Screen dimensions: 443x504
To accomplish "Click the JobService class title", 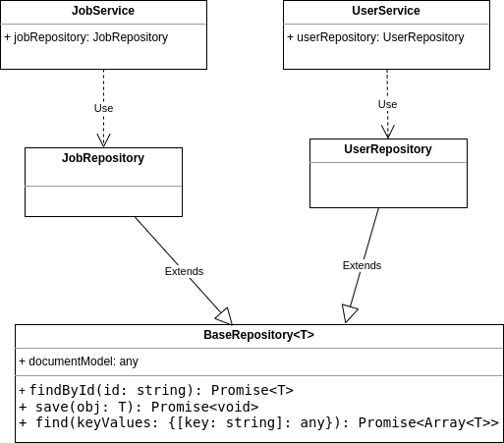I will click(103, 11).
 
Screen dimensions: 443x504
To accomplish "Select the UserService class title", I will click(386, 11).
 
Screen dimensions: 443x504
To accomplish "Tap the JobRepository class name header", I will click(103, 158).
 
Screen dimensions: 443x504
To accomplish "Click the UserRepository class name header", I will click(388, 149).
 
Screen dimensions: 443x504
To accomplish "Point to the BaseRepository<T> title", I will click(258, 335).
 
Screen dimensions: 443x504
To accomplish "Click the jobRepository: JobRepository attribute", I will click(86, 37).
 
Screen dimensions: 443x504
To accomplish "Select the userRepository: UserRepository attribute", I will click(375, 37).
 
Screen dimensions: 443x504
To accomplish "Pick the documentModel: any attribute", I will click(79, 361).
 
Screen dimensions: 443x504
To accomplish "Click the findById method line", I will click(156, 390).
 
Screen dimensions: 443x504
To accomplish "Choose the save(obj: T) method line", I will click(139, 406).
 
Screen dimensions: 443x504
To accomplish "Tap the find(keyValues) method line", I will click(258, 422).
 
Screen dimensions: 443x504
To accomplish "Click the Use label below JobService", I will click(103, 108).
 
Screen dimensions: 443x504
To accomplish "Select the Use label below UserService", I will click(387, 104).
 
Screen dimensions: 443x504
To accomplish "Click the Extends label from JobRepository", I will click(184, 271).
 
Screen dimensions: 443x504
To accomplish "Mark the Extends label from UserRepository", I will click(362, 265).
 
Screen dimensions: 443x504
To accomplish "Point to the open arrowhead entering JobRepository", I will click(103, 139).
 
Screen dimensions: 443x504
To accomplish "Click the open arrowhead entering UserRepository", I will click(388, 131).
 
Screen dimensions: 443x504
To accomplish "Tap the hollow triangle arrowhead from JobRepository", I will click(224, 315).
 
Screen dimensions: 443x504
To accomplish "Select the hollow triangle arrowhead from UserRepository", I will click(350, 313).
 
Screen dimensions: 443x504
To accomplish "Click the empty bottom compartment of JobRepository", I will click(103, 200).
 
